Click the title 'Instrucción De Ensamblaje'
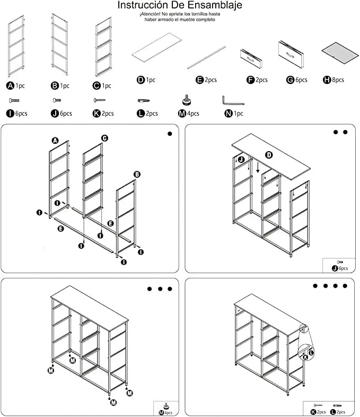coord(180,5)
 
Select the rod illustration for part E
coord(206,57)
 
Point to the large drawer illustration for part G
coord(292,54)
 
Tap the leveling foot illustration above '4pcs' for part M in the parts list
coord(187,99)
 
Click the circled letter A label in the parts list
coord(11,85)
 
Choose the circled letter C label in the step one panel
coord(104,138)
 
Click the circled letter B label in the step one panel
coord(137,174)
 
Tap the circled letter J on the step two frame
coord(241,159)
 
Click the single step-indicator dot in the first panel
coord(170,134)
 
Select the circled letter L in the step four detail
coord(311,352)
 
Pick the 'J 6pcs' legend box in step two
coord(339,265)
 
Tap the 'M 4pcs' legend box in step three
coord(166,408)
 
